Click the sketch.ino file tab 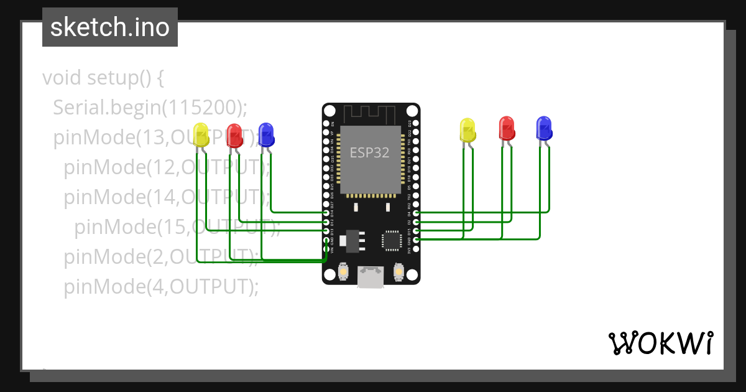point(110,27)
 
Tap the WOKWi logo point(660,343)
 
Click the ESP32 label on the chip point(370,152)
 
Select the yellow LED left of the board point(201,134)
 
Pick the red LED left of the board point(234,135)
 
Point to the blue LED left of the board point(266,134)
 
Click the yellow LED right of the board point(467,129)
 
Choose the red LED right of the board point(507,128)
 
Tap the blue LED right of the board point(544,127)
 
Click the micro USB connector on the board point(371,278)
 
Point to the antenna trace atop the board point(371,114)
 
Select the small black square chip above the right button point(392,241)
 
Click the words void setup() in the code point(103,78)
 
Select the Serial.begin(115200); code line point(150,108)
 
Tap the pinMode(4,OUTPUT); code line point(160,287)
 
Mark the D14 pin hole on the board point(326,213)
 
